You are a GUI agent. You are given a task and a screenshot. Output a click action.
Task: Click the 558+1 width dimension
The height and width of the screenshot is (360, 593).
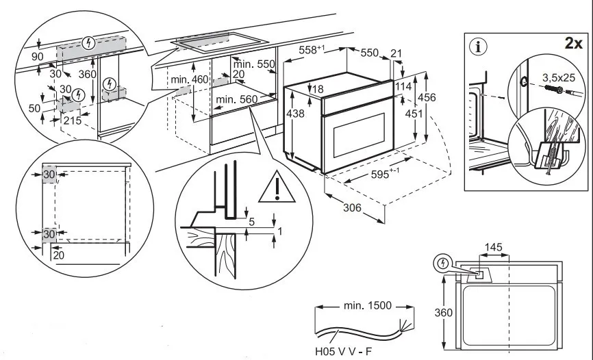click(310, 51)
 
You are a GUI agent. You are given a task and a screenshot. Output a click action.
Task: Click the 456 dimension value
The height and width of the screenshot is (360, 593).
click(427, 97)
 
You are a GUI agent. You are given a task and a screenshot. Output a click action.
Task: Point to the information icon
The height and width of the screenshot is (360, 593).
click(477, 47)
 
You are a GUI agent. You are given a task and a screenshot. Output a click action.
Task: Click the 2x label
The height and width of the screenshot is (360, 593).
click(572, 43)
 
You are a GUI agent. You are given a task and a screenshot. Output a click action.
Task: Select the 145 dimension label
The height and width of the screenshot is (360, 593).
click(494, 247)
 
